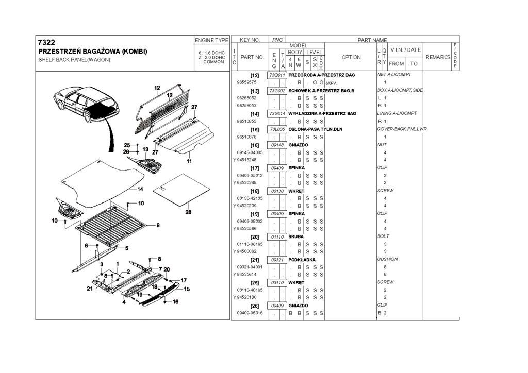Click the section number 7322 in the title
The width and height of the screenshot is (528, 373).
46,42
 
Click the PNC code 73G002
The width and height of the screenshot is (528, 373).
277,90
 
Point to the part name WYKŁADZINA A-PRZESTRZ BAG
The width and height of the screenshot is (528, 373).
322,113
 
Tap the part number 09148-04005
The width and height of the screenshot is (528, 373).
250,152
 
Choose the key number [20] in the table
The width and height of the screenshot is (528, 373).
254,236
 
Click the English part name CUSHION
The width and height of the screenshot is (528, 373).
387,260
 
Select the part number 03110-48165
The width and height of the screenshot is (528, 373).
250,290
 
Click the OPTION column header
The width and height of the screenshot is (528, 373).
351,57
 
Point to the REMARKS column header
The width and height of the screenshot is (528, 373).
438,57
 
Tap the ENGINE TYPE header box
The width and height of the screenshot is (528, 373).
211,40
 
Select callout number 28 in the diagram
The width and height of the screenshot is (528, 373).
188,212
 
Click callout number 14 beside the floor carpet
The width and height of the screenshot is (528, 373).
140,189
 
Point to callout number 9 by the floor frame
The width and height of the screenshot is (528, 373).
158,225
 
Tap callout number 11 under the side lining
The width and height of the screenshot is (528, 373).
189,161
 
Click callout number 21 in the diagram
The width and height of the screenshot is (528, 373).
89,289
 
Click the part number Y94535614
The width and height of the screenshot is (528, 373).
248,275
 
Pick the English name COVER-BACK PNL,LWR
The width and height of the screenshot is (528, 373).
402,129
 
